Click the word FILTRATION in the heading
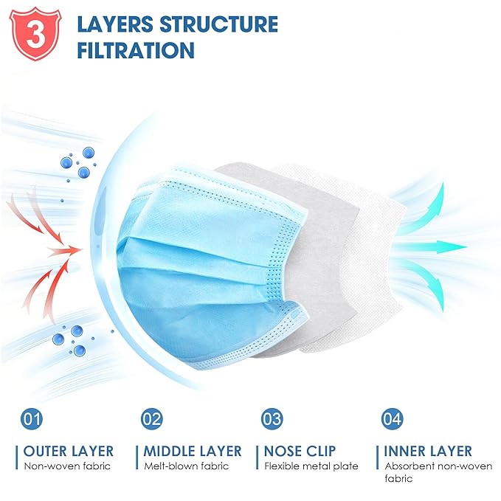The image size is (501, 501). coord(135,50)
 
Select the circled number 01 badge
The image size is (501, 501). coord(32,419)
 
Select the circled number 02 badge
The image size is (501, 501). coord(151,419)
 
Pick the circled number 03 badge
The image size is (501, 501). coord(272,419)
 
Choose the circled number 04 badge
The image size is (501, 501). coord(392,419)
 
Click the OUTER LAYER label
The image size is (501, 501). coord(69,451)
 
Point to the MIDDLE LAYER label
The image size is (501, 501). coord(193,451)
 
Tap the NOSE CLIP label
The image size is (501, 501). coord(300,451)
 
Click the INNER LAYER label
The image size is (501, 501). coord(428,451)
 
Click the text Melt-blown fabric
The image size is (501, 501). coord(187,466)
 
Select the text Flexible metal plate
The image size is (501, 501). coord(311,466)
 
